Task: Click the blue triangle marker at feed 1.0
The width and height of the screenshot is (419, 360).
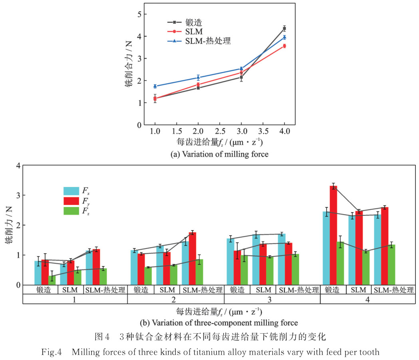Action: click(x=155, y=86)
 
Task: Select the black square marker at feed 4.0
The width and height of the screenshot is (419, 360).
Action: click(x=284, y=28)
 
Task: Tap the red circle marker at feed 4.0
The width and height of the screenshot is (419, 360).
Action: click(x=284, y=46)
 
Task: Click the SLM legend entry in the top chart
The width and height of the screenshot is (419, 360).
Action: click(x=187, y=31)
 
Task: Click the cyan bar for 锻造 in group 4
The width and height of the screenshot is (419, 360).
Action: click(x=326, y=248)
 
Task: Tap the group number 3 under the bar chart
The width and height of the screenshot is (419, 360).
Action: click(x=272, y=298)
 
